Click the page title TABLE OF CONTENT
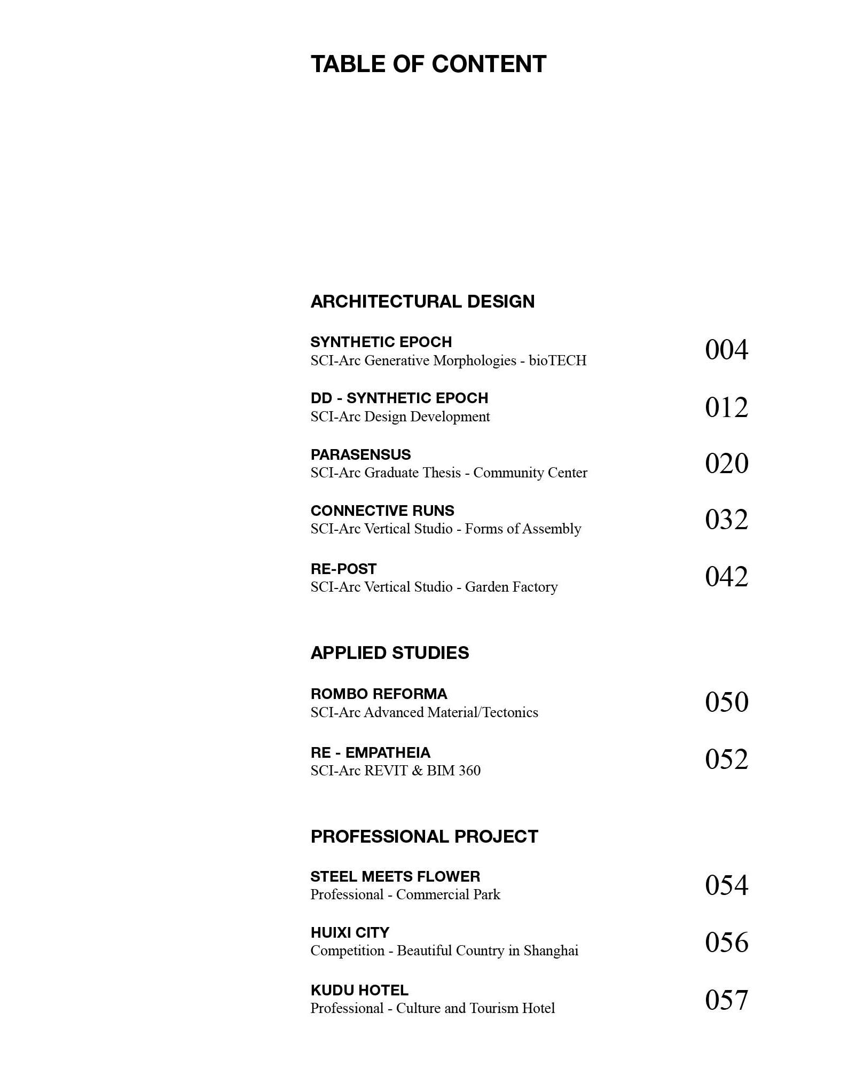tap(428, 64)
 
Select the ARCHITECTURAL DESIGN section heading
tap(422, 302)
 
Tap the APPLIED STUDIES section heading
tap(390, 653)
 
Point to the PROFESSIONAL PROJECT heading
tap(425, 837)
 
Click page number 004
tap(726, 350)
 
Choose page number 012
tap(726, 407)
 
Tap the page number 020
tap(726, 464)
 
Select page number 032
tap(726, 520)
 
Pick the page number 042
tap(726, 577)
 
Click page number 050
tap(726, 702)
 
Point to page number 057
tap(726, 1000)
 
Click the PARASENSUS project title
tap(361, 455)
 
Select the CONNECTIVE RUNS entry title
tap(382, 511)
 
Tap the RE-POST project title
tap(343, 569)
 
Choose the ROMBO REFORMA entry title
tap(379, 694)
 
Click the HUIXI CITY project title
tap(350, 933)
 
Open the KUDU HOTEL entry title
tap(359, 991)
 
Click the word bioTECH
tap(557, 361)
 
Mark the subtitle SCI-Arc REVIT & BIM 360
tap(396, 771)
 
